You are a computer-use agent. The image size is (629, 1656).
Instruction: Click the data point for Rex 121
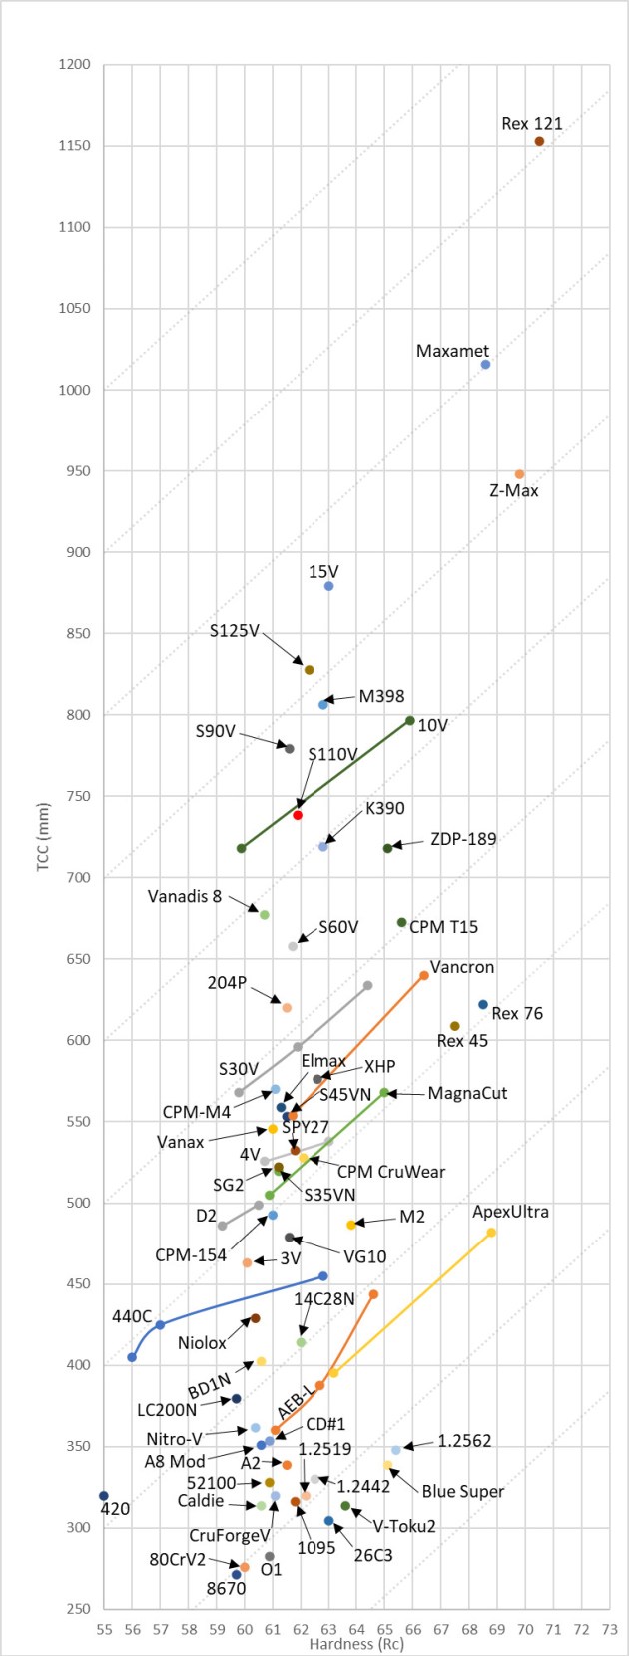(539, 141)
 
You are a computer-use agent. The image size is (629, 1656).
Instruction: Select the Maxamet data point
(485, 365)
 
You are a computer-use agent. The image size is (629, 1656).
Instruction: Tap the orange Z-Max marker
(519, 474)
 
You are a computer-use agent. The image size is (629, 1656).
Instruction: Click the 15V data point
(328, 586)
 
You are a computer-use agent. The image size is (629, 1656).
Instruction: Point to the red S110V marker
(298, 815)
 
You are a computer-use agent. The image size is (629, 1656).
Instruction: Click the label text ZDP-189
(463, 839)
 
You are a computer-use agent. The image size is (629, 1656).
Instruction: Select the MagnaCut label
(467, 1093)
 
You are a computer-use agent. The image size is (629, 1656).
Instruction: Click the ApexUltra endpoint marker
(491, 1233)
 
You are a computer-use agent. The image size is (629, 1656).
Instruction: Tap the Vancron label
(462, 967)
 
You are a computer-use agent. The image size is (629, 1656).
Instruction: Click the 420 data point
(104, 1495)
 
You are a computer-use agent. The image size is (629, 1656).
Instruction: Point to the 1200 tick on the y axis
(75, 65)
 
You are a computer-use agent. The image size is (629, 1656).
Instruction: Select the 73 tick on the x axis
(610, 1630)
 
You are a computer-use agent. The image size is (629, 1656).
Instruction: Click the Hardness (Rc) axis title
(356, 1644)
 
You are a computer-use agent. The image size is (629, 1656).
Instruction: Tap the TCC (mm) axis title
(43, 837)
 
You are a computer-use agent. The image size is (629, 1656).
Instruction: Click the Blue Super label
(462, 1491)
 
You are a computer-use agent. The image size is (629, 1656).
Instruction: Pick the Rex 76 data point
(483, 1005)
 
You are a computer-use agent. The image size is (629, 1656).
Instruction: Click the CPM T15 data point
(402, 922)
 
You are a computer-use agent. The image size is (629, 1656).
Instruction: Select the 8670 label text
(226, 1588)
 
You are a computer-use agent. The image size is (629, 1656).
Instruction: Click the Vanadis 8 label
(185, 896)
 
